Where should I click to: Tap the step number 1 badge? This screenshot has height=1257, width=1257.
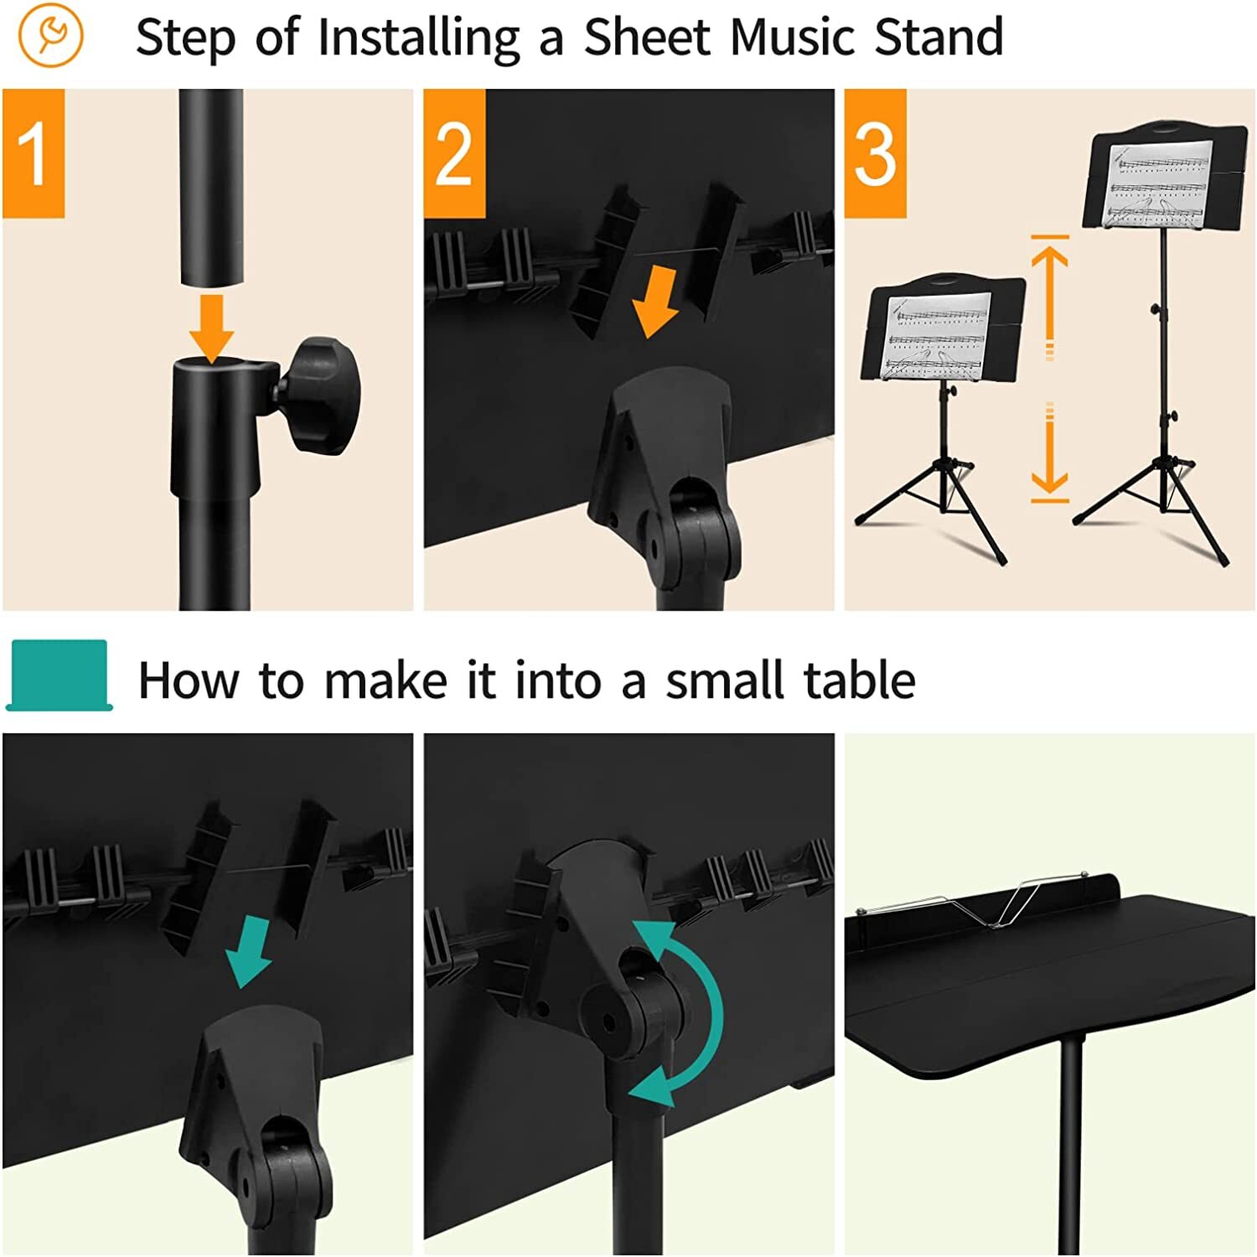coord(34,153)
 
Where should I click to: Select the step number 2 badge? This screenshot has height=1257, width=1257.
coord(454,153)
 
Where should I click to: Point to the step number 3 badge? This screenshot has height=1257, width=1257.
coord(875,153)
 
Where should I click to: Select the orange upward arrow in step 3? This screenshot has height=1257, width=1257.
coord(1049,293)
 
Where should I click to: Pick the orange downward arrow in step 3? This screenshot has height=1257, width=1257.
coord(1049,457)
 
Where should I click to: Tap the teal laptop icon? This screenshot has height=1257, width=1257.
coord(59,675)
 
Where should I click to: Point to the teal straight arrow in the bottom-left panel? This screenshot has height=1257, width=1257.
coord(249,951)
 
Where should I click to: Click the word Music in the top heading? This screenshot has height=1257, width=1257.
coord(788,38)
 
